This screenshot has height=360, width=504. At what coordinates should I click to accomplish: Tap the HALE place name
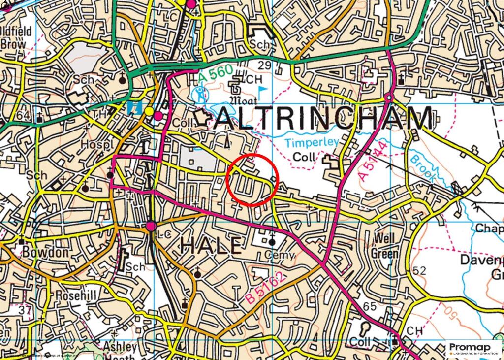pyautogui.click(x=212, y=245)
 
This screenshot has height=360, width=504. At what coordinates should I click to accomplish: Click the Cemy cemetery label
pyautogui.click(x=280, y=255)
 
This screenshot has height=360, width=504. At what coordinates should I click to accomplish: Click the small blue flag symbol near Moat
pyautogui.click(x=263, y=89)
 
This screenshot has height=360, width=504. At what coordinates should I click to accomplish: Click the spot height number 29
pyautogui.click(x=264, y=65)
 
